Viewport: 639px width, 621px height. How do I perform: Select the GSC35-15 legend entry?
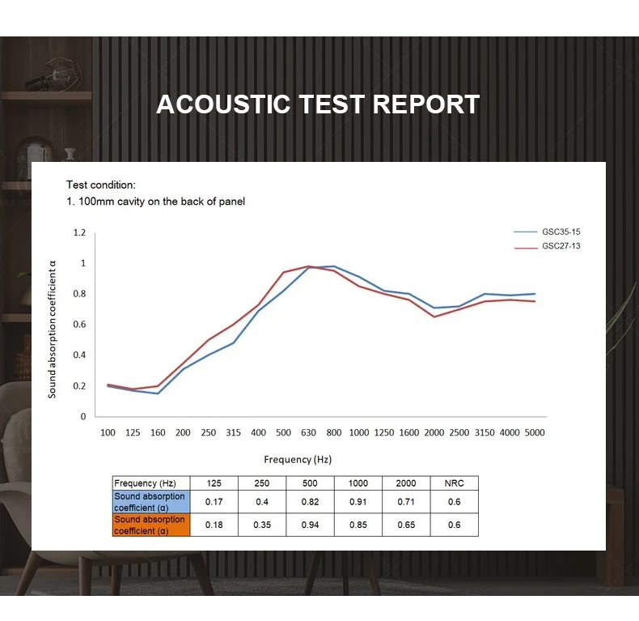tap(561, 232)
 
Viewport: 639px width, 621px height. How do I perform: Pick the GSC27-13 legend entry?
tap(561, 246)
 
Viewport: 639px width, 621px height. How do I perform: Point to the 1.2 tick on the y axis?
tap(79, 232)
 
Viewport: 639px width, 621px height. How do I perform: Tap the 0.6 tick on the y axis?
tap(79, 325)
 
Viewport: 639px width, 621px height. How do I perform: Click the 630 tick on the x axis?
tap(309, 432)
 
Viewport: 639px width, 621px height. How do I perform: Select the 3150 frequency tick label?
tap(485, 432)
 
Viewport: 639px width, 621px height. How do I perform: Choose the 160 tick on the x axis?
tap(158, 432)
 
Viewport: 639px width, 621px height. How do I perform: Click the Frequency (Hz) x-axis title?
tap(298, 459)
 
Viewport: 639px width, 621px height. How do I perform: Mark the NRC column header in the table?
tap(454, 483)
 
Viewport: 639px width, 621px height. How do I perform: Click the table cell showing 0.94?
tap(310, 525)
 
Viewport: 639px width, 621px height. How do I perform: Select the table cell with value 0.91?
tap(358, 502)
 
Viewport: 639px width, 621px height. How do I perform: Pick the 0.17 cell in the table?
tap(214, 502)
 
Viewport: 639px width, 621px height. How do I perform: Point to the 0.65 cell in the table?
tap(406, 525)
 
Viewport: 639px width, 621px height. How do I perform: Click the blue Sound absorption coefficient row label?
tap(150, 502)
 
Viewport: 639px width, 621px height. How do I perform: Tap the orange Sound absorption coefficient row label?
tap(150, 525)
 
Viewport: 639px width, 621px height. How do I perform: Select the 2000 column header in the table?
tap(406, 483)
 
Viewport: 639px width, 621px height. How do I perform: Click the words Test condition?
tap(101, 185)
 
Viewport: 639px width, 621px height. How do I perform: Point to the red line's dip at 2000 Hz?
tap(434, 317)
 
